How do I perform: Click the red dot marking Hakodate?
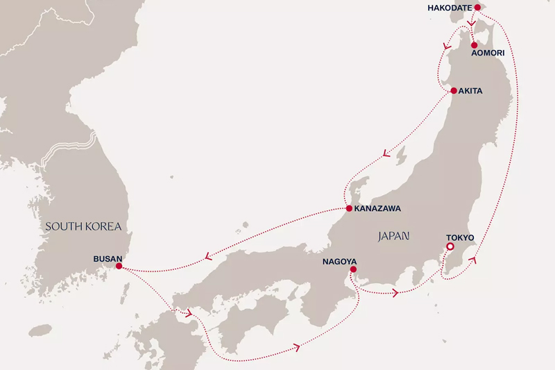tap(477, 8)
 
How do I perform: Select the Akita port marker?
tap(454, 91)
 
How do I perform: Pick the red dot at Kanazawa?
tap(348, 208)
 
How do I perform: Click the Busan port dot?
tap(119, 266)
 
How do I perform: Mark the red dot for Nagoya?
tap(353, 269)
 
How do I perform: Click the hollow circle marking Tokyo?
tap(450, 246)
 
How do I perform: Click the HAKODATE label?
tap(449, 8)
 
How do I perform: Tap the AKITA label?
tap(471, 91)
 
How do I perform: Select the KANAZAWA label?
tap(377, 208)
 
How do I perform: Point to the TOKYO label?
tap(459, 238)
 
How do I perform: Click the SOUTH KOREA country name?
tap(84, 226)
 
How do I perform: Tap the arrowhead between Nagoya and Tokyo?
tap(396, 293)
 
